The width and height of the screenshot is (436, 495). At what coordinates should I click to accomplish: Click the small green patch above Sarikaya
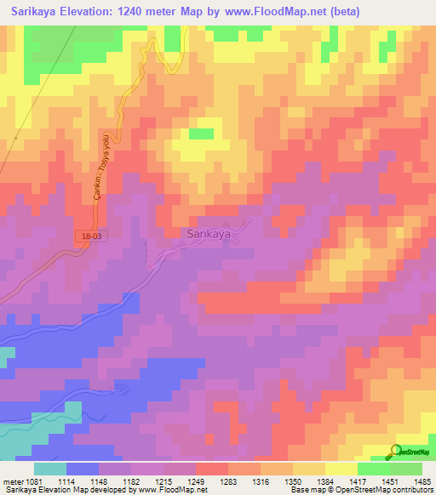[x=201, y=134]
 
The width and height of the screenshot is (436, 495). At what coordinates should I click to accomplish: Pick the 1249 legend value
[x=196, y=481]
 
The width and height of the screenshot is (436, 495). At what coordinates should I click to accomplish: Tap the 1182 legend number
[x=132, y=481]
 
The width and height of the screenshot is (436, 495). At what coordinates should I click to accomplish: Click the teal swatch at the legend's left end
[x=49, y=469]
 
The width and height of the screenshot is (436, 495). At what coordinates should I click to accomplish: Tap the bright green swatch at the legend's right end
[x=405, y=469]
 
